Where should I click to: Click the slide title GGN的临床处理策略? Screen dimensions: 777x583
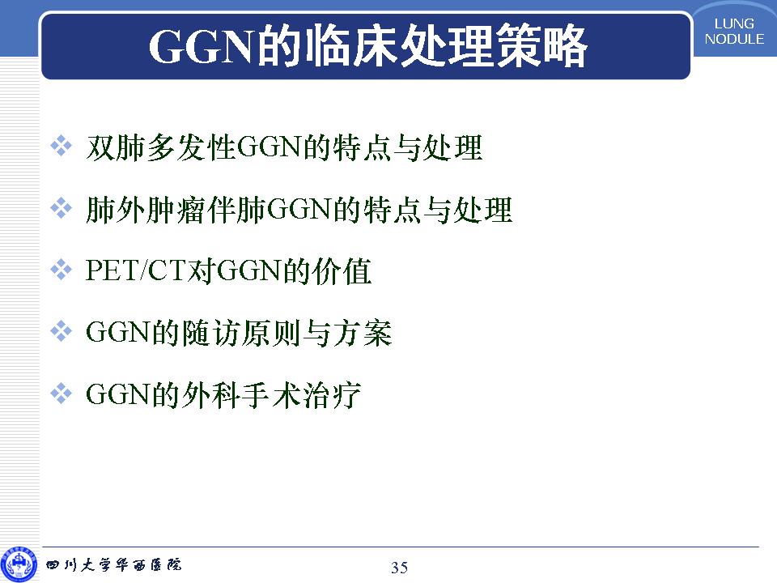tap(367, 45)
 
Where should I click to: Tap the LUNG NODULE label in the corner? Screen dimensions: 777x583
tap(734, 32)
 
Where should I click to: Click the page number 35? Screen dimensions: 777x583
tap(399, 567)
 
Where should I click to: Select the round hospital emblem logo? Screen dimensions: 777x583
tap(19, 564)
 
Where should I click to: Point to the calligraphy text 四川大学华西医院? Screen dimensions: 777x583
tap(113, 564)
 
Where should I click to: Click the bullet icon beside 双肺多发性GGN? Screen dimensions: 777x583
tap(61, 147)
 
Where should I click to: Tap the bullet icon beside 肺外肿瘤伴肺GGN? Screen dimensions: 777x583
tap(61, 208)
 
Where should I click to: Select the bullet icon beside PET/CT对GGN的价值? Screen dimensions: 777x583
tap(61, 270)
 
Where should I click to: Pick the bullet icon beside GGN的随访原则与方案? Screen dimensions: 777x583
tap(61, 331)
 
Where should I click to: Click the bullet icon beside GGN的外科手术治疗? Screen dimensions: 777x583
tap(61, 394)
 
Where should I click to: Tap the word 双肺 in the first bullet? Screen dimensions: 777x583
tap(116, 147)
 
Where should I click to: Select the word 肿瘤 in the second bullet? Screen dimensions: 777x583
tap(176, 210)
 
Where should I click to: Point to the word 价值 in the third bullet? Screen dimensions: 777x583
tap(342, 271)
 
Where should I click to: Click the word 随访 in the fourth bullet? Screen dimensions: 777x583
tap(213, 333)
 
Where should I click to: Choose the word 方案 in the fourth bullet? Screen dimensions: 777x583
tap(363, 333)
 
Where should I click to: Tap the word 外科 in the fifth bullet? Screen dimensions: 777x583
tap(213, 394)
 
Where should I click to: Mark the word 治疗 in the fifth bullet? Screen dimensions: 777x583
tap(332, 394)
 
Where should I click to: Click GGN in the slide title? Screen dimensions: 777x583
tap(203, 47)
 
